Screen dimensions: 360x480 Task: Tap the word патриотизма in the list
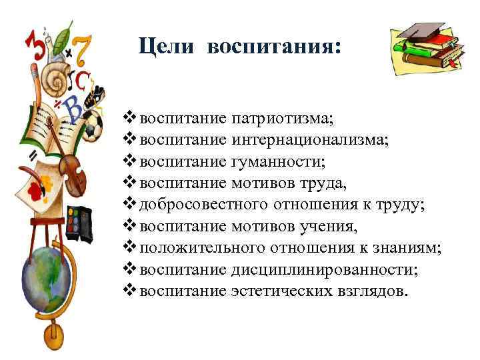coord(283,119)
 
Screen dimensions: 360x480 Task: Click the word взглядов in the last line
coord(369,291)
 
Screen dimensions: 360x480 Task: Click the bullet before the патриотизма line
coord(130,119)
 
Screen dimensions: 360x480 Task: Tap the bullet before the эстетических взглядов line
coord(130,290)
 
